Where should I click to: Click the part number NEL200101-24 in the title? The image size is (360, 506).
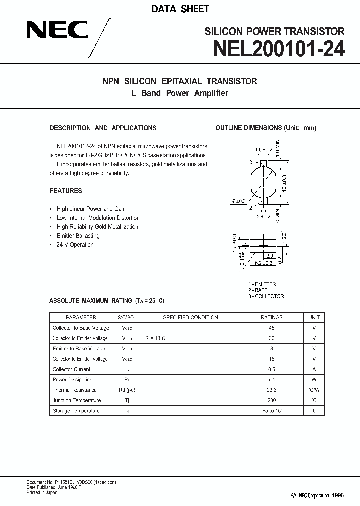click(279, 50)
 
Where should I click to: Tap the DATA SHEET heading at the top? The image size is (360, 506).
click(180, 9)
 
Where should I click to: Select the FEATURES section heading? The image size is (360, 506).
click(66, 191)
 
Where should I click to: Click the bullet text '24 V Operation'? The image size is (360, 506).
click(75, 245)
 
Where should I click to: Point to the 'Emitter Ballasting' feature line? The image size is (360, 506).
click(78, 236)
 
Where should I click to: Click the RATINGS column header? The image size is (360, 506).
click(272, 317)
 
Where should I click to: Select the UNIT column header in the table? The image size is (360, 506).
click(314, 317)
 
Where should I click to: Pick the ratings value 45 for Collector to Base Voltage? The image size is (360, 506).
click(272, 328)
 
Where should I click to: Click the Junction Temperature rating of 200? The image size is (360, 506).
click(272, 400)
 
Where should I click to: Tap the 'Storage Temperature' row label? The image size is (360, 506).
click(76, 411)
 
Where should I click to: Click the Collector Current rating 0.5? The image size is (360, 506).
click(272, 369)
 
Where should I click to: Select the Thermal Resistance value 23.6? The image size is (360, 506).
click(272, 390)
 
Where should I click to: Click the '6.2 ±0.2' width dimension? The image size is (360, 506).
click(264, 263)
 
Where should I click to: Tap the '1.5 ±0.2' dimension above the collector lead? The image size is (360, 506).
click(263, 149)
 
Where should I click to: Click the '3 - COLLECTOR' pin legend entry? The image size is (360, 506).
click(266, 296)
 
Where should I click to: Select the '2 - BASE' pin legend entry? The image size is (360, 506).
click(258, 290)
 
